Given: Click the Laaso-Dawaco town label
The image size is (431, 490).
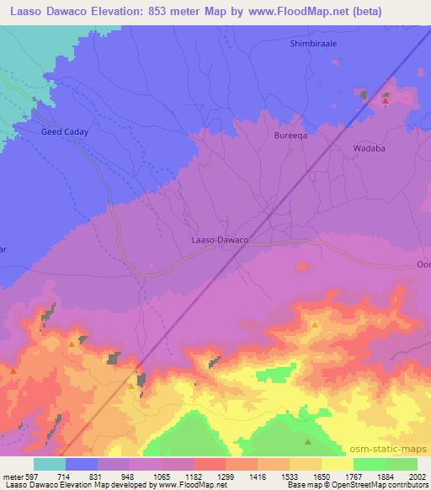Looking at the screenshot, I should (215, 240).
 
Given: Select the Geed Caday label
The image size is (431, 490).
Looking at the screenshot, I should (65, 132).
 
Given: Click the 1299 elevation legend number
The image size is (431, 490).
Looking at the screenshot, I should (226, 477).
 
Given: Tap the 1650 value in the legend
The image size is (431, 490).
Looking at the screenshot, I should (322, 477).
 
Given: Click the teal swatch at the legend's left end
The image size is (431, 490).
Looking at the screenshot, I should (50, 464).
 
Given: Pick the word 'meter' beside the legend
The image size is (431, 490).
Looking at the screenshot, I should (14, 477).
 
